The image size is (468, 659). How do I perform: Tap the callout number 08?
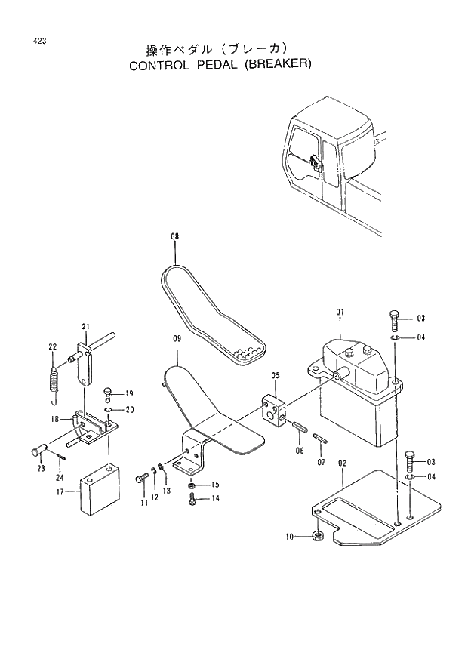(x=174, y=237)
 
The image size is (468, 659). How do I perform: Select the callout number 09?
(x=176, y=340)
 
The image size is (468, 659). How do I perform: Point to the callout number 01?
(x=340, y=312)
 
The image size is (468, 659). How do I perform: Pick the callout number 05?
(x=276, y=375)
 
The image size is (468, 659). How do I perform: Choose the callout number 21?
(x=85, y=326)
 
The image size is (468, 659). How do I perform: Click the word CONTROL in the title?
(x=162, y=65)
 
